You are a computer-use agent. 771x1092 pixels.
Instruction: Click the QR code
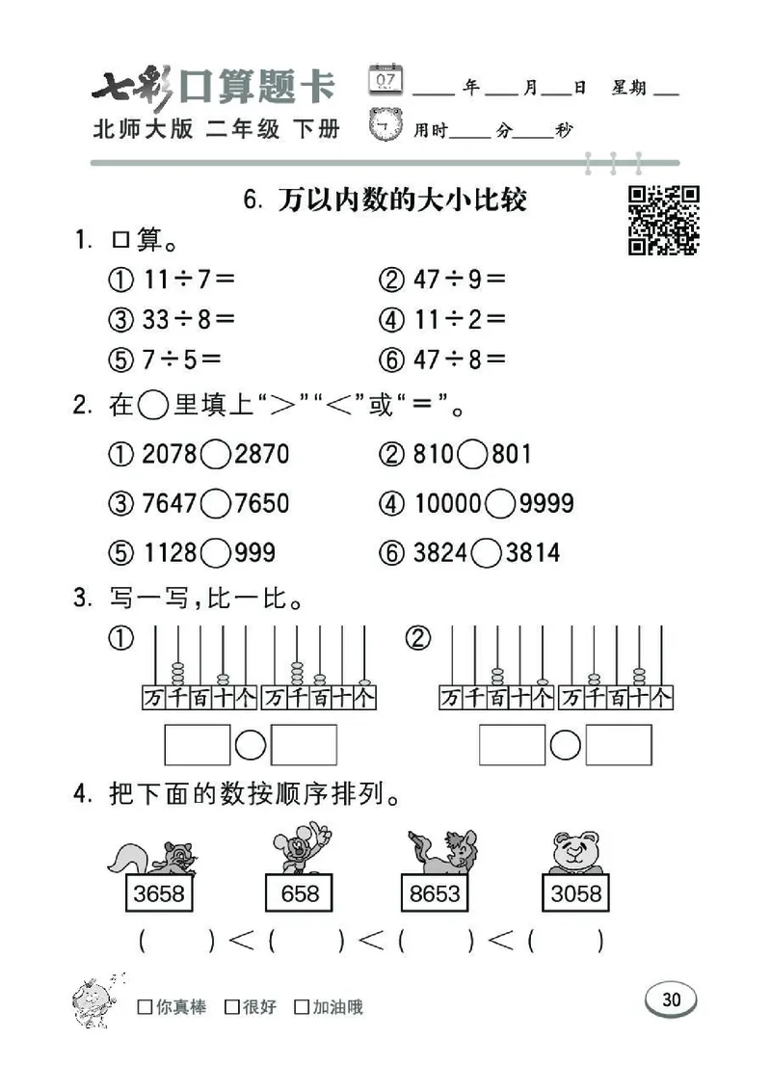pyautogui.click(x=664, y=221)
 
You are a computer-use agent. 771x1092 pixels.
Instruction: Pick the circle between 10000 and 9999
pyautogui.click(x=500, y=503)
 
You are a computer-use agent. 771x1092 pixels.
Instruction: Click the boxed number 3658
pyautogui.click(x=159, y=894)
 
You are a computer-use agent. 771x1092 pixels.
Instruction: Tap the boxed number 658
pyautogui.click(x=300, y=894)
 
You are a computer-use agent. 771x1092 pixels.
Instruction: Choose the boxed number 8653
pyautogui.click(x=435, y=894)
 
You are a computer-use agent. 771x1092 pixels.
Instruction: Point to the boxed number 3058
pyautogui.click(x=575, y=894)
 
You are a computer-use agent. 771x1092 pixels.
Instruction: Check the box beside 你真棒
pyautogui.click(x=146, y=1008)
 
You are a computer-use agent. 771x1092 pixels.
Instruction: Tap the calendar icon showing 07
pyautogui.click(x=385, y=80)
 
